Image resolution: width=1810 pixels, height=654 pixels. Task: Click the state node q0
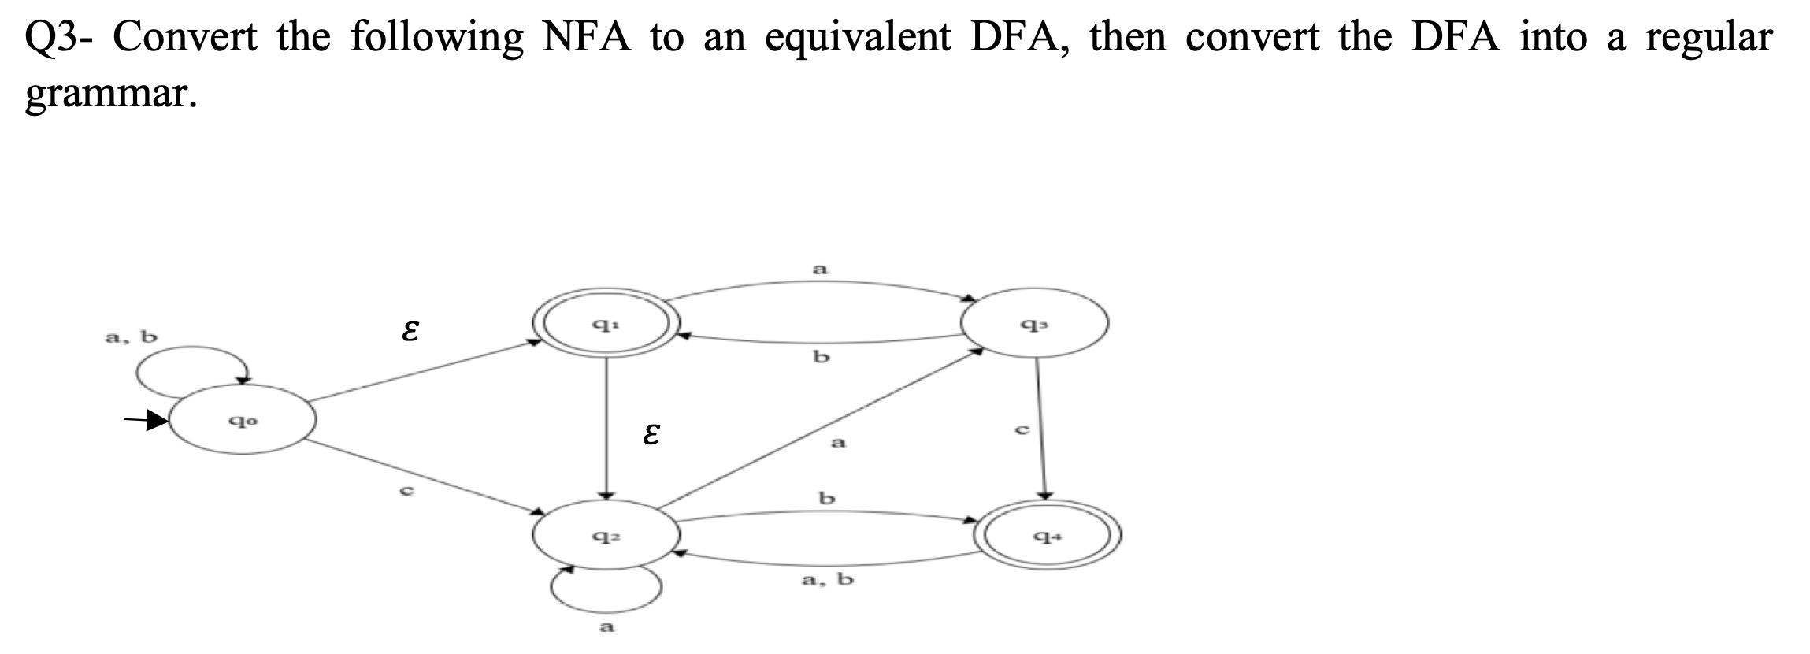(x=243, y=420)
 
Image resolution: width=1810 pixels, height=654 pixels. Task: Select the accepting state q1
(x=605, y=322)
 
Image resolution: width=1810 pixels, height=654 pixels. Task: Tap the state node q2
(x=606, y=536)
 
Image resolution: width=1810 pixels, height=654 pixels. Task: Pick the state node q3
(x=1034, y=322)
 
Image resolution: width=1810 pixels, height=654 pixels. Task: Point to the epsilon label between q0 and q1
(x=409, y=331)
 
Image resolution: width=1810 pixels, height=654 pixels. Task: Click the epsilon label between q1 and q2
(x=650, y=434)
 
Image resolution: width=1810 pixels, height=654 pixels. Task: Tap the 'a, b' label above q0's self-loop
(x=132, y=337)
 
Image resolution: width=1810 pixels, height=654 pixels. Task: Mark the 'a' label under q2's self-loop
(x=606, y=627)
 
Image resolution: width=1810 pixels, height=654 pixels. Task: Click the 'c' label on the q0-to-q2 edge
(x=406, y=490)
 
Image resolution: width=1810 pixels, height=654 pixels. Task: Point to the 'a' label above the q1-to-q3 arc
(x=820, y=269)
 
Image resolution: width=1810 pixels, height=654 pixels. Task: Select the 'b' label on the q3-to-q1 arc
(x=821, y=357)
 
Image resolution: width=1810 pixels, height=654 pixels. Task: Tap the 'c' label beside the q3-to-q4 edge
(x=1022, y=429)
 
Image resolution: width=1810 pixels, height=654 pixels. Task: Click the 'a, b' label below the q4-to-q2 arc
(x=827, y=580)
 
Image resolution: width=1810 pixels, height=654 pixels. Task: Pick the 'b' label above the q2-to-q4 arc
(x=825, y=498)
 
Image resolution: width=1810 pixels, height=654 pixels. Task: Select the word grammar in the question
(x=109, y=95)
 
